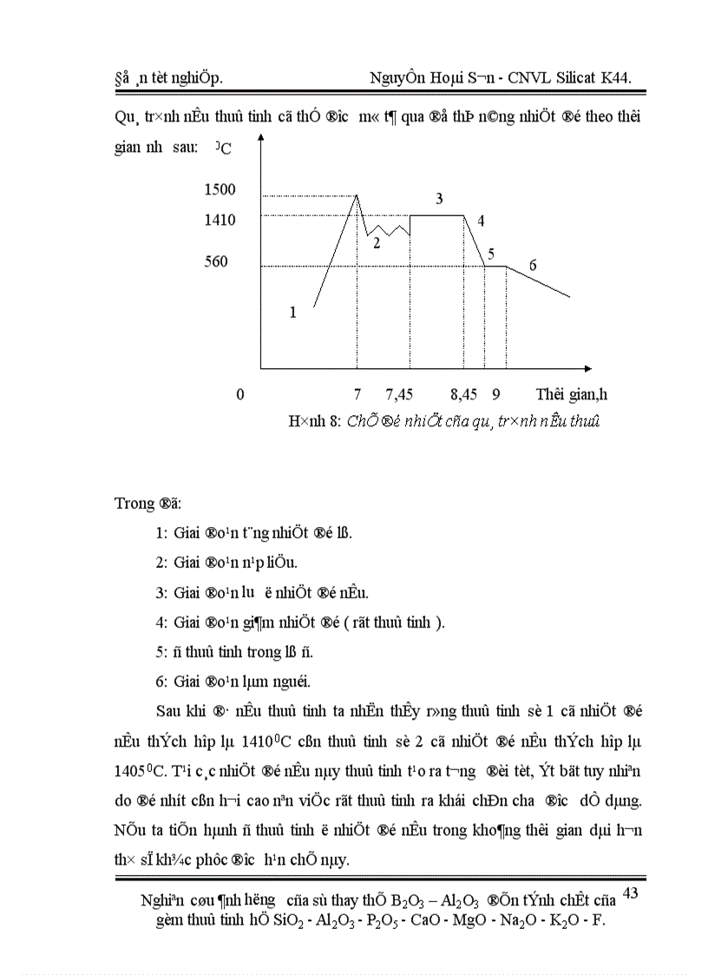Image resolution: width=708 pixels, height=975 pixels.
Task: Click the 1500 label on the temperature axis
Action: tap(220, 189)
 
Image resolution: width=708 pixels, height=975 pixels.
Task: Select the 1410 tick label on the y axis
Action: tap(220, 220)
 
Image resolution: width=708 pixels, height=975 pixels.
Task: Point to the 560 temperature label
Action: tap(216, 261)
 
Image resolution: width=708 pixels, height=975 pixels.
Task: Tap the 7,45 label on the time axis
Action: tap(399, 394)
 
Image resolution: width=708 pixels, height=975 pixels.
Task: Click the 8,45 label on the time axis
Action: tap(463, 394)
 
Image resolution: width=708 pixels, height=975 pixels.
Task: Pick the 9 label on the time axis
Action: tap(496, 394)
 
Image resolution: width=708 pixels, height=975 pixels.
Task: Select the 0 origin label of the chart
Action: tap(239, 394)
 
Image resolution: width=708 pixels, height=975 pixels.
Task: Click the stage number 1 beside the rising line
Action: tap(292, 313)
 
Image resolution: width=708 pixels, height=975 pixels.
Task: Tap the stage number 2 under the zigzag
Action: tap(377, 244)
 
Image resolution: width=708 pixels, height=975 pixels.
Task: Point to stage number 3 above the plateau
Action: tap(439, 199)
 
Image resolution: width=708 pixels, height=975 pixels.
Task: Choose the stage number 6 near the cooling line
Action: tap(533, 265)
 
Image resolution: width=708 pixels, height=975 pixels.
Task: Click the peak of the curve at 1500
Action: tap(357, 195)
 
